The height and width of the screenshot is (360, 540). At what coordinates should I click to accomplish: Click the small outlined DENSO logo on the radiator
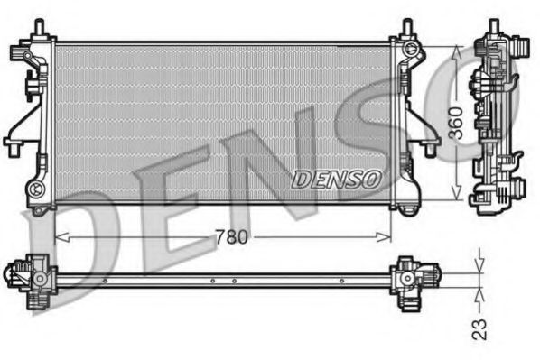click(335, 180)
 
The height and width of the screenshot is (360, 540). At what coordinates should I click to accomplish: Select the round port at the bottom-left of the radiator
click(36, 189)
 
